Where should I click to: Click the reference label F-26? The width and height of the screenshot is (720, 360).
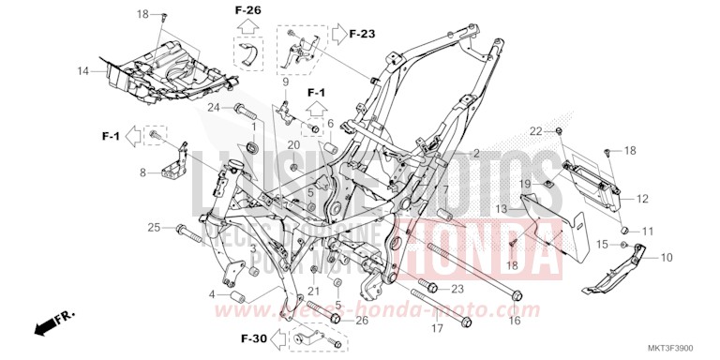pyautogui.click(x=248, y=10)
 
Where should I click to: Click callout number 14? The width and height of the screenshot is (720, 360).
pyautogui.click(x=82, y=71)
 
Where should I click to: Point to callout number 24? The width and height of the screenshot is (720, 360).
pyautogui.click(x=213, y=107)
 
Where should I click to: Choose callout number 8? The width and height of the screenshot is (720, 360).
pyautogui.click(x=143, y=172)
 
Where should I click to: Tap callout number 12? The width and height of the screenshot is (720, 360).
pyautogui.click(x=643, y=199)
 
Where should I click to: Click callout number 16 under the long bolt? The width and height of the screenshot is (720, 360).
pyautogui.click(x=514, y=321)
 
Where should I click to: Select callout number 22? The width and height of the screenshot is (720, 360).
pyautogui.click(x=535, y=129)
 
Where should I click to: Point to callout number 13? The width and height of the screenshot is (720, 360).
pyautogui.click(x=502, y=208)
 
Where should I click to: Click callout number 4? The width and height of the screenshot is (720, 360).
pyautogui.click(x=213, y=295)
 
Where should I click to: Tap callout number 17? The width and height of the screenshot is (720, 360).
pyautogui.click(x=436, y=329)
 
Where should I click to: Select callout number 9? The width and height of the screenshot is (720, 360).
pyautogui.click(x=284, y=82)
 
